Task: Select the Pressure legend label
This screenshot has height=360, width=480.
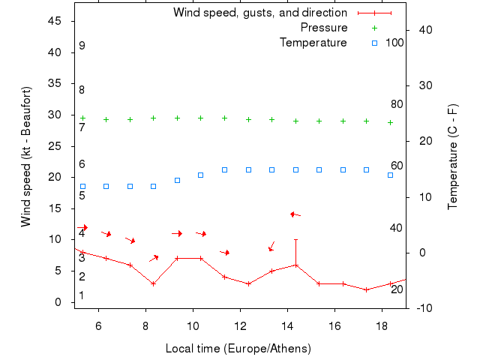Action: pyautogui.click(x=324, y=28)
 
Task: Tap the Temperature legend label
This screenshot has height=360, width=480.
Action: pyautogui.click(x=313, y=43)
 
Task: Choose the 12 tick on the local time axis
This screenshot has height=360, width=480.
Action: pyautogui.click(x=241, y=325)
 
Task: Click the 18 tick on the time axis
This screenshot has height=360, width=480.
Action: pyautogui.click(x=382, y=325)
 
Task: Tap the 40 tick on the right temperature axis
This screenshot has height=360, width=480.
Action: pyautogui.click(x=423, y=30)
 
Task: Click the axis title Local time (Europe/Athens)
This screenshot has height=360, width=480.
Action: pyautogui.click(x=238, y=349)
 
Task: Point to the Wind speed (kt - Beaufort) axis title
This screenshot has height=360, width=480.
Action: pyautogui.click(x=25, y=157)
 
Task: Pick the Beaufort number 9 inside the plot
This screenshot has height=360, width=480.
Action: pyautogui.click(x=82, y=46)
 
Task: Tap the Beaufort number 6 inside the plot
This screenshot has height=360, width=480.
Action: pyautogui.click(x=82, y=164)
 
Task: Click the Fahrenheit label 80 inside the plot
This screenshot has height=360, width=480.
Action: pyautogui.click(x=397, y=104)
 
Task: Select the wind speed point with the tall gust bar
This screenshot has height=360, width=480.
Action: pyautogui.click(x=295, y=265)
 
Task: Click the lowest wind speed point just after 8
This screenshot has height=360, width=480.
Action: pyautogui.click(x=153, y=283)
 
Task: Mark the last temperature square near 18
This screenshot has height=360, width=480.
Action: pyautogui.click(x=390, y=175)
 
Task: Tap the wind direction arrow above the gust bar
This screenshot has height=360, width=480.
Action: pyautogui.click(x=295, y=214)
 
